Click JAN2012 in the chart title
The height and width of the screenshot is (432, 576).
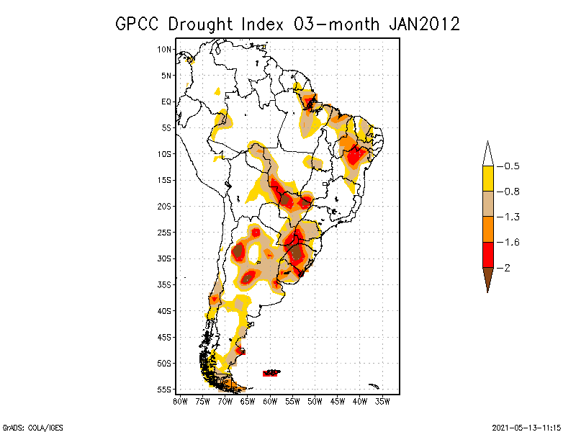(423, 24)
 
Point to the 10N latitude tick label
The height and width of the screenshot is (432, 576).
(164, 49)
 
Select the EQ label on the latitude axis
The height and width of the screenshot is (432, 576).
(166, 102)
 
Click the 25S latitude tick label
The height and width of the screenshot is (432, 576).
(164, 233)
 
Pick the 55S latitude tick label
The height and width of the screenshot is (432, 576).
(164, 390)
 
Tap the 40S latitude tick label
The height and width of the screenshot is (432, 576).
(164, 311)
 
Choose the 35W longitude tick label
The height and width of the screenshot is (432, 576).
(382, 400)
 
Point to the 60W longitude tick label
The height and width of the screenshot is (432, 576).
(269, 400)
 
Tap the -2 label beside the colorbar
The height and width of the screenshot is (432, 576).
(506, 267)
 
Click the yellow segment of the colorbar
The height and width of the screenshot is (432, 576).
(487, 179)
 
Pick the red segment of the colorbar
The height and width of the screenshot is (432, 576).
(487, 254)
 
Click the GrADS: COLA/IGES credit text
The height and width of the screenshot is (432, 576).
(27, 426)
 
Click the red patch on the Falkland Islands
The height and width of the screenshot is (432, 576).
(271, 373)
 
